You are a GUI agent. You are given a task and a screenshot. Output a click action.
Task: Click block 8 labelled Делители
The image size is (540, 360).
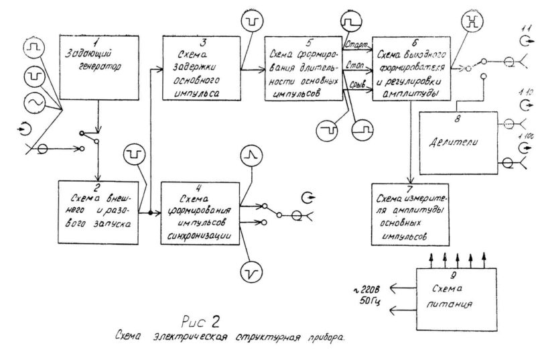point(458,142)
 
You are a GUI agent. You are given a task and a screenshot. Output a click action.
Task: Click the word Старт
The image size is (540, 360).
point(352,46)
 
